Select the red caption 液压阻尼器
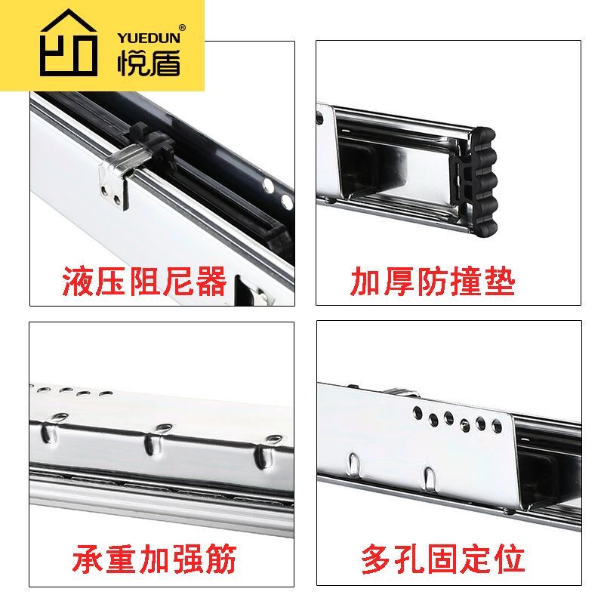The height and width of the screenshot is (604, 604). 144,282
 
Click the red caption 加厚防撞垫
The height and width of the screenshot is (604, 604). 433,282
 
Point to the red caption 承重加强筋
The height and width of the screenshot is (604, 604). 155,560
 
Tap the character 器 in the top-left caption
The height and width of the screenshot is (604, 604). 211,282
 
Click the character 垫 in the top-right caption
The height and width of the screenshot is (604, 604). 499,282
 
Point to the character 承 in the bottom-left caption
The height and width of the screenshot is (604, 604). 88,560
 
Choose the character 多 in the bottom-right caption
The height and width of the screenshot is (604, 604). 377,560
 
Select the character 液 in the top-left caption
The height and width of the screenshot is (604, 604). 78,282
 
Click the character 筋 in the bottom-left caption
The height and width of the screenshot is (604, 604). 221,560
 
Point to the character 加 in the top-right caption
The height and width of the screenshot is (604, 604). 366,282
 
